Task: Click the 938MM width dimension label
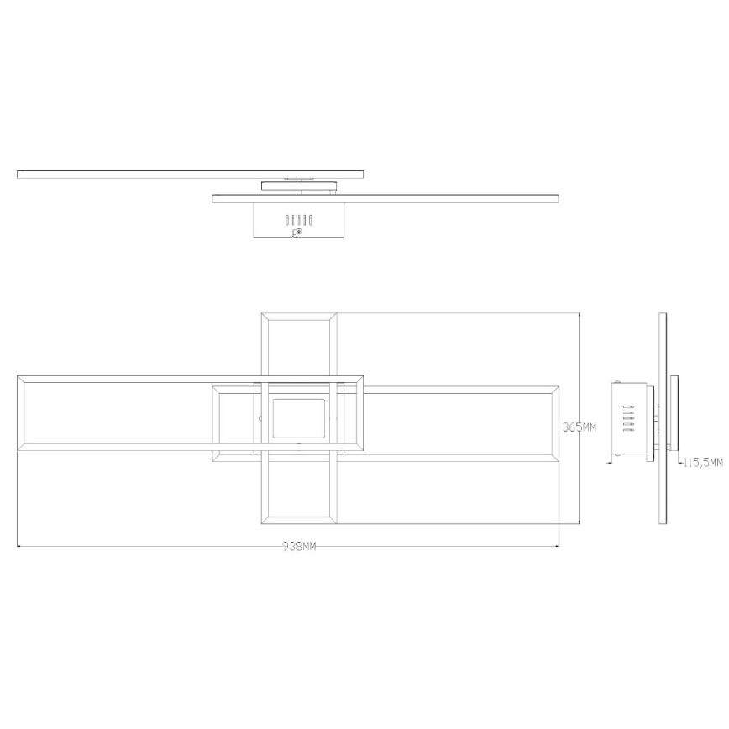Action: pos(299,547)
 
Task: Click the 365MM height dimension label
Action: pos(579,427)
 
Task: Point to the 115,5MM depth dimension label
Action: pos(703,462)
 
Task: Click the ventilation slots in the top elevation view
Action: pos(299,220)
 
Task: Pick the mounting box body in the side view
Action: pos(632,419)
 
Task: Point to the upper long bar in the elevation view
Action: pos(191,173)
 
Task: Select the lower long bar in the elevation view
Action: pos(385,198)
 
